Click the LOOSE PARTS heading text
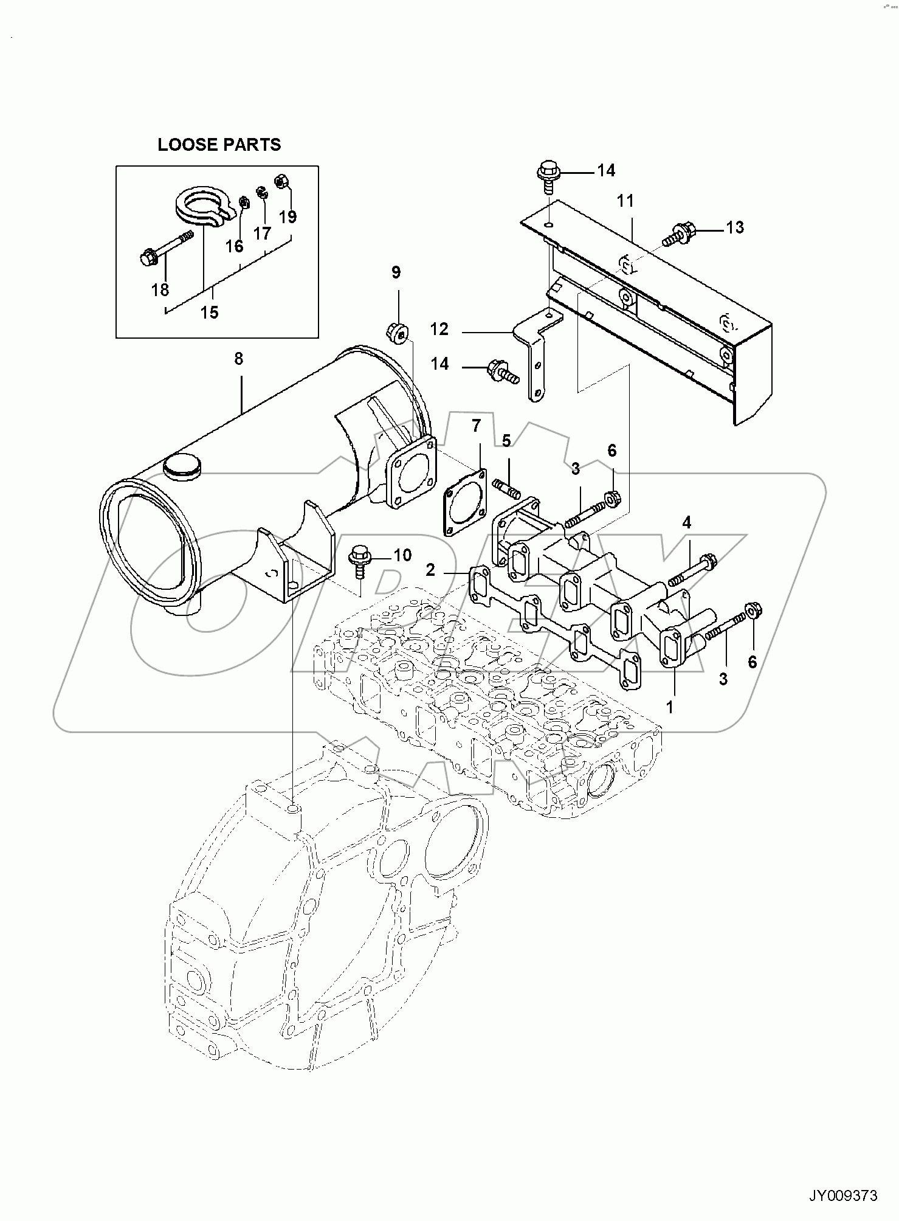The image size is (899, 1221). [x=219, y=145]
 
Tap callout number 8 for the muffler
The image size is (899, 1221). [x=238, y=359]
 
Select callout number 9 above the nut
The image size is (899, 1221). [x=396, y=272]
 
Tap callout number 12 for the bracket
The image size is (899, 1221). [x=439, y=329]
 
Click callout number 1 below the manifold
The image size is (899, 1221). [x=669, y=707]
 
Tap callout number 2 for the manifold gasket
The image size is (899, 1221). [x=430, y=570]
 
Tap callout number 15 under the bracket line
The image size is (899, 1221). [x=209, y=313]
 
